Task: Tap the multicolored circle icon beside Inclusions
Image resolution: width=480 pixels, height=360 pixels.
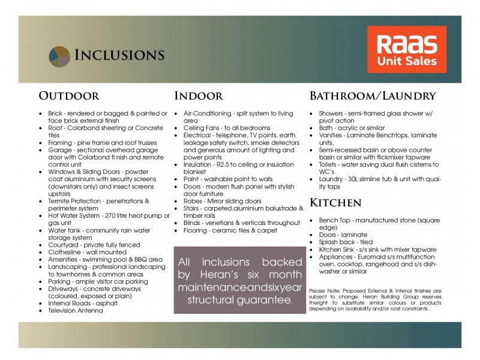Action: coord(59,55)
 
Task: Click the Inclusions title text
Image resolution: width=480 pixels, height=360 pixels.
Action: coord(119,55)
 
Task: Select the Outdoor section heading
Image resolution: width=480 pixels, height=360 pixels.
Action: coord(69,96)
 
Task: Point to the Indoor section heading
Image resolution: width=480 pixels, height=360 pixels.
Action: coord(199,96)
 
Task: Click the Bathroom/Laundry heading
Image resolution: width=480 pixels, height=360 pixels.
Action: coord(373,96)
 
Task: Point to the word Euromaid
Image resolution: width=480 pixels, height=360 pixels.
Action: coord(374,256)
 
